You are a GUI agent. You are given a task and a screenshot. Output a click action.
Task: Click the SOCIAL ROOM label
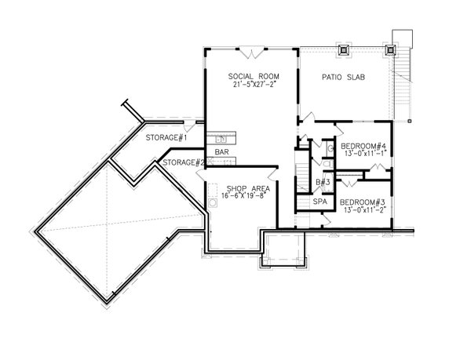[x=250, y=76]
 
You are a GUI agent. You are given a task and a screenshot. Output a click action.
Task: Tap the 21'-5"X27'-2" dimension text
[x=250, y=84]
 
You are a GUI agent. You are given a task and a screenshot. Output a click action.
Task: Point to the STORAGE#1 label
[x=166, y=139]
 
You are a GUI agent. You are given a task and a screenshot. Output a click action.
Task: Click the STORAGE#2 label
[x=184, y=163]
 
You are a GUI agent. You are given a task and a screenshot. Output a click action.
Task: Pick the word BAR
[x=221, y=151]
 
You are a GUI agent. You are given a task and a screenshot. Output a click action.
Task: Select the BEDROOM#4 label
[x=363, y=146]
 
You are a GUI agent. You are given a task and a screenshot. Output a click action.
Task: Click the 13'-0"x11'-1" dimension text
[x=363, y=154]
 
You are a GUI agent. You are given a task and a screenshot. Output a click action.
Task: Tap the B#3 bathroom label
[x=321, y=183]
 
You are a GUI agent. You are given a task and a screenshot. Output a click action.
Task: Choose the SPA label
[x=319, y=202]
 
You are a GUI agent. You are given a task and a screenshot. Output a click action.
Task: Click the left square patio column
[x=342, y=49]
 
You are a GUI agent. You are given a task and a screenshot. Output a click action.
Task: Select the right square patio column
[x=390, y=49]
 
